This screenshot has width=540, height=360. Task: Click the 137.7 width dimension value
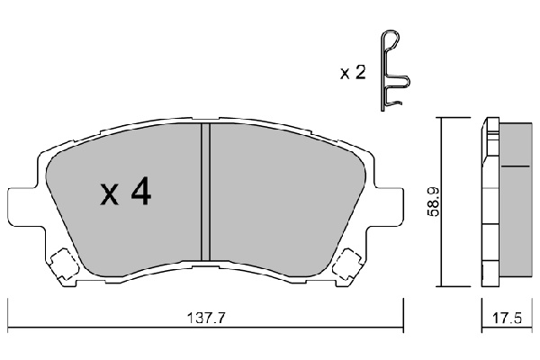(x=204, y=318)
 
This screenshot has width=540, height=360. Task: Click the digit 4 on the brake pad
(x=139, y=191)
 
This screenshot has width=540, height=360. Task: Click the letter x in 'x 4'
(x=108, y=193)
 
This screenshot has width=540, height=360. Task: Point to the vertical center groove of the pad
(x=204, y=189)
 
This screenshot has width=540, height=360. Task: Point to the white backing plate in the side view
(x=490, y=198)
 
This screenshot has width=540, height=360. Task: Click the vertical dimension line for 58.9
(x=441, y=198)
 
